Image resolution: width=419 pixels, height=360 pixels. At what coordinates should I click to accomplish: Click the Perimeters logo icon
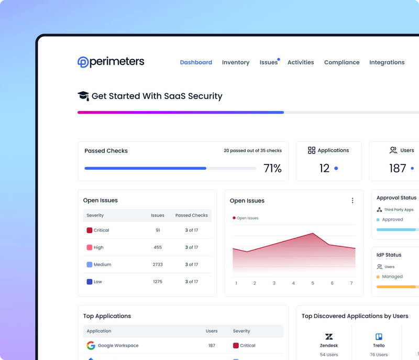coord(83,62)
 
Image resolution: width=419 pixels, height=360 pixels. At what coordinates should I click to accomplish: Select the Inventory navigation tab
coord(236,62)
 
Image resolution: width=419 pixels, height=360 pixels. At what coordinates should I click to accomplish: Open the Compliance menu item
coord(341,62)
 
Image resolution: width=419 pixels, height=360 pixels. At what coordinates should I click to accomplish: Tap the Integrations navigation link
coord(387,62)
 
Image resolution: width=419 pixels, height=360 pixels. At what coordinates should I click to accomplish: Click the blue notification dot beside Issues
coord(279,59)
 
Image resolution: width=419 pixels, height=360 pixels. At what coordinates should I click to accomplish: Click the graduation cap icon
coord(83,96)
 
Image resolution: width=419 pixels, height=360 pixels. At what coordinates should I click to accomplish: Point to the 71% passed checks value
coord(272,168)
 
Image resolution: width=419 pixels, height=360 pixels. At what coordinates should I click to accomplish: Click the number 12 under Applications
coord(325,168)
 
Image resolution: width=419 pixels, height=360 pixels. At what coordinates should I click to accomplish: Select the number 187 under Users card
coord(398,168)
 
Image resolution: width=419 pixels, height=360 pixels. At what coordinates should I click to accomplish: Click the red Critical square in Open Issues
coord(89,230)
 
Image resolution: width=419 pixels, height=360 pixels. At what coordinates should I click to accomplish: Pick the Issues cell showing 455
coord(158,247)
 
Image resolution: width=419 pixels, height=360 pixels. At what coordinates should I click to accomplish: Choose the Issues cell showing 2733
coord(158,265)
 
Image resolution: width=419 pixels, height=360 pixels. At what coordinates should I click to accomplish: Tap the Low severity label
coord(98,282)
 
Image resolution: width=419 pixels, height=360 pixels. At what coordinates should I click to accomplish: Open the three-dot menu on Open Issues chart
coord(352,201)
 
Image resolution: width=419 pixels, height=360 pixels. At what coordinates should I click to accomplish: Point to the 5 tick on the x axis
coord(313,283)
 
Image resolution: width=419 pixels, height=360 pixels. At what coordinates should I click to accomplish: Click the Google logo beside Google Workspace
coord(91,345)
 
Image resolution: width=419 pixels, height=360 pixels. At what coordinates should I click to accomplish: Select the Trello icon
coord(379,337)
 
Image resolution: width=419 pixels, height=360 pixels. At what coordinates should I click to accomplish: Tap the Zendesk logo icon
coord(329,337)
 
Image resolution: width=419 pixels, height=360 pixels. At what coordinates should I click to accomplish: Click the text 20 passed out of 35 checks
coord(252,151)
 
